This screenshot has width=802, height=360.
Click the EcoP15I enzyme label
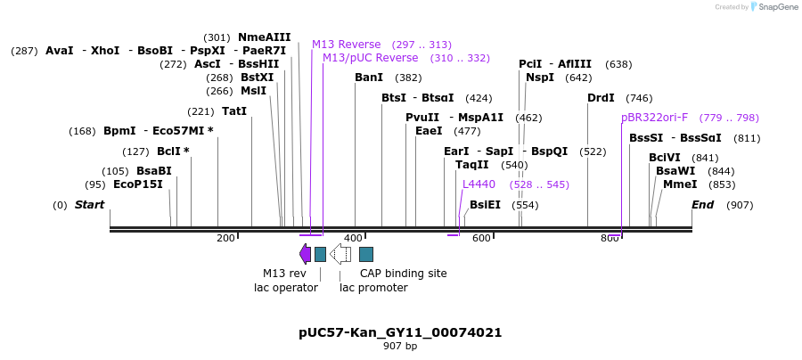point(137,184)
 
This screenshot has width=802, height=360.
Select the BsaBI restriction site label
point(153,171)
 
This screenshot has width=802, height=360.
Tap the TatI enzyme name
point(233,111)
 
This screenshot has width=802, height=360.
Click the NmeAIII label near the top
point(264,37)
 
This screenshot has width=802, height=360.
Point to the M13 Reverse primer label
point(346,45)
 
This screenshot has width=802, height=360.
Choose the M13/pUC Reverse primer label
point(370,58)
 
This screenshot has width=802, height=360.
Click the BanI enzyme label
point(368,78)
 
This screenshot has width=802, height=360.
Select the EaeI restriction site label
point(429,131)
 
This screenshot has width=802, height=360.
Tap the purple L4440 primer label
point(479,184)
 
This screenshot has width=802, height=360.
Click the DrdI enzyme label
point(601,98)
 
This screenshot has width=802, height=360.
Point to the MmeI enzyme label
point(680,184)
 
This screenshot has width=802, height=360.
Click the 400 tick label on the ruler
point(353,238)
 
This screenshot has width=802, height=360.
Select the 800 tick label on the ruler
point(610,238)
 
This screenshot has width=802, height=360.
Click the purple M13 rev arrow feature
point(305,254)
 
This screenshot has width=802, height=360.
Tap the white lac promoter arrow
point(340,254)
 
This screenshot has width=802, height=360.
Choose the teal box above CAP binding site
point(365,254)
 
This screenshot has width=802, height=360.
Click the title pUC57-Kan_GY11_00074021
point(400,332)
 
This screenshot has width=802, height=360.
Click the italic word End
point(702,205)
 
